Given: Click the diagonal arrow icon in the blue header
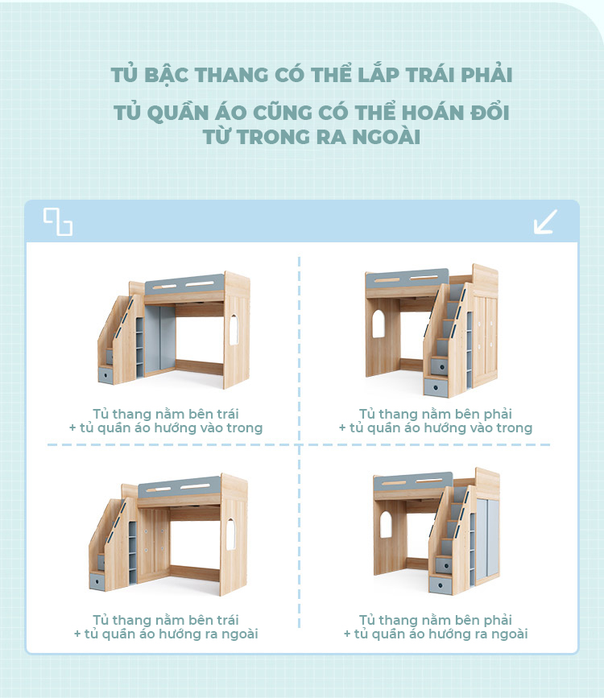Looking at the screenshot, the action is pyautogui.click(x=546, y=221).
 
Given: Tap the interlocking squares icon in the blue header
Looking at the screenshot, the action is pyautogui.click(x=58, y=221).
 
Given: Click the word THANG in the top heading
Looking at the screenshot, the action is pyautogui.click(x=231, y=74).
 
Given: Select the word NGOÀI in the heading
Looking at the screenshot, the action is pyautogui.click(x=387, y=137).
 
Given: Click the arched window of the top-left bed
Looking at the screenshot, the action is pyautogui.click(x=234, y=329).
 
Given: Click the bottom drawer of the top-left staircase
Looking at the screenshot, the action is pyautogui.click(x=106, y=374).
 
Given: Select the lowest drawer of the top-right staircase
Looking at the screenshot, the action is pyautogui.click(x=438, y=386).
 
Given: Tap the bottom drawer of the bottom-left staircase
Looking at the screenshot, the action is pyautogui.click(x=98, y=580).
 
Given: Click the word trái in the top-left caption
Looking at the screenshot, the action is pyautogui.click(x=228, y=414).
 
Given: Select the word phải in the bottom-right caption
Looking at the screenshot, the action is pyautogui.click(x=498, y=621).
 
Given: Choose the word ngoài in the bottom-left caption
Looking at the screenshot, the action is pyautogui.click(x=240, y=634).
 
